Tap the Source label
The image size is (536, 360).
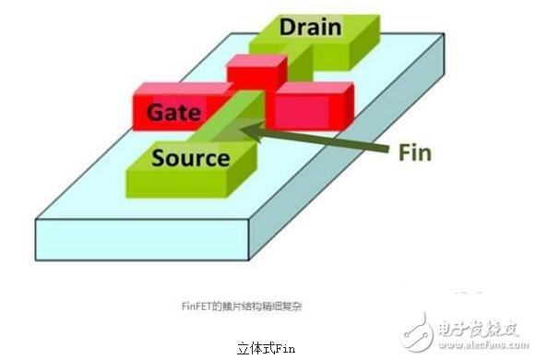tap(190, 158)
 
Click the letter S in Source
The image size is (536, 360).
tap(159, 158)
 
